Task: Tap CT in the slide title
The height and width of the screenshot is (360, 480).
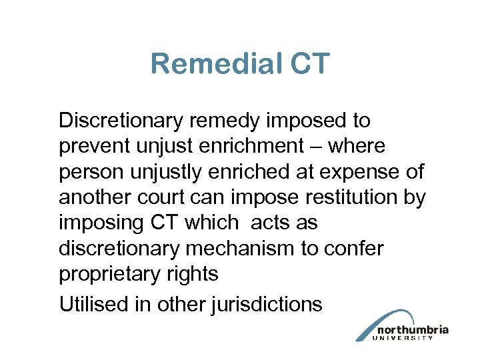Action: (309, 64)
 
